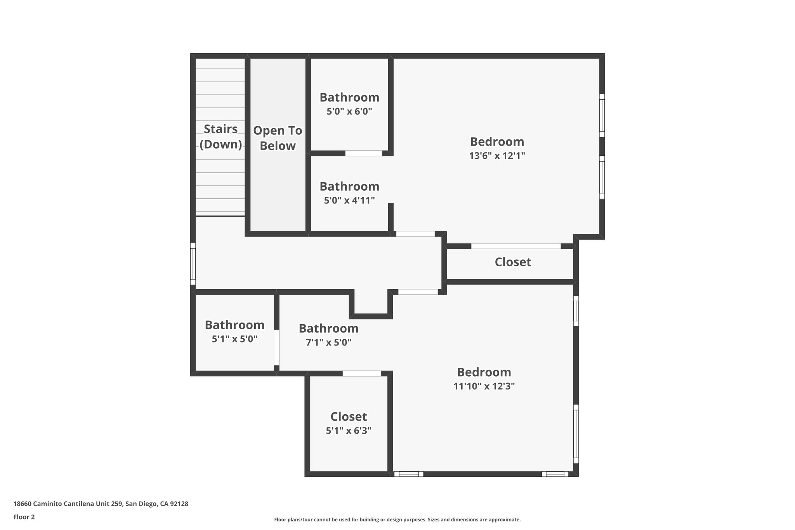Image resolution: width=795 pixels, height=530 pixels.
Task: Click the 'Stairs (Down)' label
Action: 221,136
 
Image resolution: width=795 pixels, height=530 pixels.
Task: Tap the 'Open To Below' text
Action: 278,138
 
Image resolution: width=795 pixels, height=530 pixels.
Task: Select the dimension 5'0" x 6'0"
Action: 349,111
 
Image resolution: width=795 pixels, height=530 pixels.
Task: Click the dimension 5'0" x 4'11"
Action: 349,201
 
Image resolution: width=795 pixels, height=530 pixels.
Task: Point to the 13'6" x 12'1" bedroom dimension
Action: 497,156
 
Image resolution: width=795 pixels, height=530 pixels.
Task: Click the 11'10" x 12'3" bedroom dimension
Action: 484,386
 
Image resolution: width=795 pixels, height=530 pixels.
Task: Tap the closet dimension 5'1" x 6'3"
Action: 349,431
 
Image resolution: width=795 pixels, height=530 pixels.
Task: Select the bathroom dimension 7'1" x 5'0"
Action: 328,342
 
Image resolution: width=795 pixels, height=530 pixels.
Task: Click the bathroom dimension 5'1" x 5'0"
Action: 234,339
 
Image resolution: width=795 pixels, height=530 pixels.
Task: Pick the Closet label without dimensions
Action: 512,262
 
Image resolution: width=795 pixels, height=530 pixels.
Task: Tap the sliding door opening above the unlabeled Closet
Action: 516,246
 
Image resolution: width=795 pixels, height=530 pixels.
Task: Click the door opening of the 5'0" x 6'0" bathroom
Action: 364,153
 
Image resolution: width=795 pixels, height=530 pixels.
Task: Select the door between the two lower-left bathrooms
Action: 276,348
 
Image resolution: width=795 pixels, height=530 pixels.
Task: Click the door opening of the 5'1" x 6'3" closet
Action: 362,374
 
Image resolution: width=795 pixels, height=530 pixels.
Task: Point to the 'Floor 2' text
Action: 24,517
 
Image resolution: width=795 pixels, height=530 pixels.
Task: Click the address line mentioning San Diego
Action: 101,504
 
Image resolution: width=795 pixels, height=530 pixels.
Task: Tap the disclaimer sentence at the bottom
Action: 397,520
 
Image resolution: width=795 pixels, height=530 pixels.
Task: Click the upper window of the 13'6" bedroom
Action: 602,115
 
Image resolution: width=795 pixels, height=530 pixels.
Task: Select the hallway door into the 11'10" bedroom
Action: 418,292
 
